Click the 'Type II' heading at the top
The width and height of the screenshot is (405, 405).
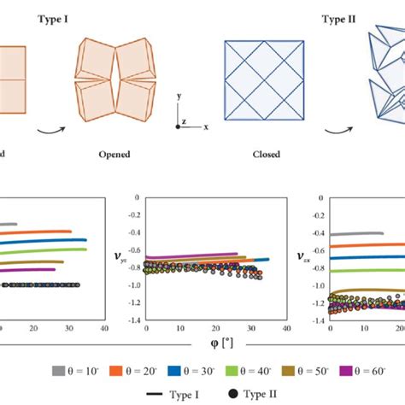point(340,17)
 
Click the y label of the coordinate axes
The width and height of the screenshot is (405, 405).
point(178,97)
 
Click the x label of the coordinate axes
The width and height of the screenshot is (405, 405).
point(206,126)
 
